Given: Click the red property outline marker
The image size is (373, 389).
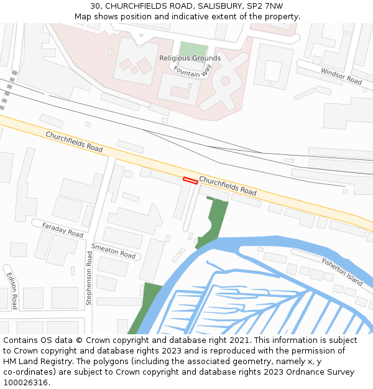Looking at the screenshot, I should point(190,180).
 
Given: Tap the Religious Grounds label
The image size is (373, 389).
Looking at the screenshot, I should point(190,59).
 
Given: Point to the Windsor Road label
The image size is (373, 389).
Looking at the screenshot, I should point(341,76).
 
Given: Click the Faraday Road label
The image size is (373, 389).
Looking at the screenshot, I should point(63,229).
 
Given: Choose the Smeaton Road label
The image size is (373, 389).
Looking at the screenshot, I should point(113,251).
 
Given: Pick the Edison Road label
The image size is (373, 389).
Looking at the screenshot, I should point(12,290).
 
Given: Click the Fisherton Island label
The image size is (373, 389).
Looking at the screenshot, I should point(342,271).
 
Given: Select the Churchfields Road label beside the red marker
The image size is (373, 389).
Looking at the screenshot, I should point(228,185).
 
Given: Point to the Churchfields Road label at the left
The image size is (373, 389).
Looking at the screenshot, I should point(74,142).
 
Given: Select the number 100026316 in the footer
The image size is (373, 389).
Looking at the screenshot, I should point(25,382).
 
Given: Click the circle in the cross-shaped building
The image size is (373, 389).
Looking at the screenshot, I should point(225,80).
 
